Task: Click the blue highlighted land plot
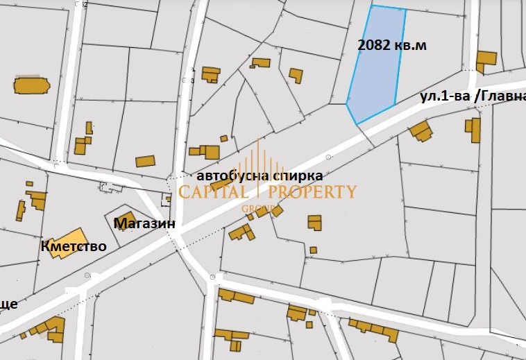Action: (375, 76)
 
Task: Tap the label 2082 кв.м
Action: (392, 46)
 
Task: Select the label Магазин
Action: (144, 223)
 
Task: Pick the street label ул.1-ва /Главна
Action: (472, 97)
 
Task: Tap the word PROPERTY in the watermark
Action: (312, 192)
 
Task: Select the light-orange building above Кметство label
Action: (67, 241)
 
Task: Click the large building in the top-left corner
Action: (31, 85)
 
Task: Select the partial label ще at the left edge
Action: (8, 304)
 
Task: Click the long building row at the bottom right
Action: (374, 331)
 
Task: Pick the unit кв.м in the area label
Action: (412, 46)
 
